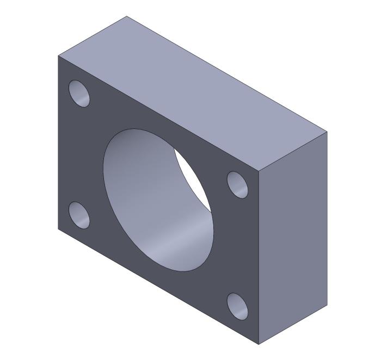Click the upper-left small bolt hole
(x=79, y=94)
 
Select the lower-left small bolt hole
(x=79, y=215)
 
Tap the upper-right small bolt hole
(x=237, y=184)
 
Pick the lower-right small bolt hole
(x=237, y=306)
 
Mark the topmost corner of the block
(x=126, y=16)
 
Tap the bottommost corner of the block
(x=259, y=345)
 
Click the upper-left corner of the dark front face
(x=58, y=55)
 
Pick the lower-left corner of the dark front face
(x=58, y=229)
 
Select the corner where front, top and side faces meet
(x=259, y=171)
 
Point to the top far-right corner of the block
(x=327, y=131)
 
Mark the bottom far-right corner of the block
(x=327, y=305)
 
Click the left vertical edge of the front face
(x=58, y=141)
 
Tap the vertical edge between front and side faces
(x=259, y=258)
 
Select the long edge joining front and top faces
(x=158, y=113)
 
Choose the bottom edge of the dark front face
(x=158, y=287)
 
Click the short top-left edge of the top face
(x=93, y=36)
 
